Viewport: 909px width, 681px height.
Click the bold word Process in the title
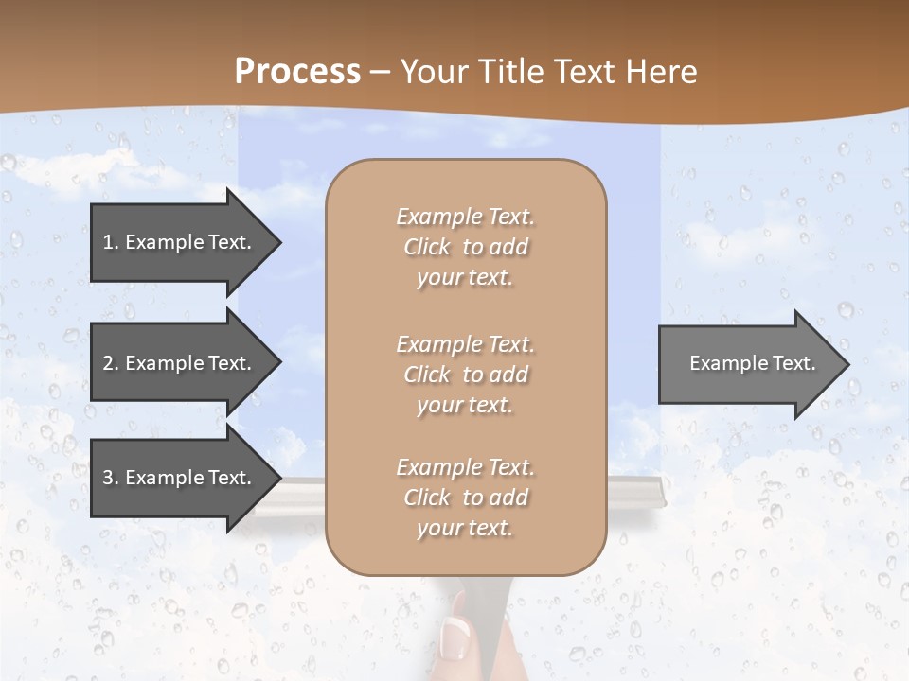pyautogui.click(x=297, y=72)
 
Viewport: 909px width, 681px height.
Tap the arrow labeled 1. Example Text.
pyautogui.click(x=180, y=242)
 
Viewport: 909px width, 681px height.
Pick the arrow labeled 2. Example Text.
pyautogui.click(x=180, y=363)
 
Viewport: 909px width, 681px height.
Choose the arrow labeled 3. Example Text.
pyautogui.click(x=180, y=478)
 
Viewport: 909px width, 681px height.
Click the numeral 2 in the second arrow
pyautogui.click(x=108, y=363)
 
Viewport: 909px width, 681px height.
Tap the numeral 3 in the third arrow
pyautogui.click(x=108, y=478)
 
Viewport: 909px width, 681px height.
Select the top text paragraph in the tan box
pyautogui.click(x=465, y=247)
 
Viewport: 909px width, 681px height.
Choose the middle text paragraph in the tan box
pyautogui.click(x=465, y=375)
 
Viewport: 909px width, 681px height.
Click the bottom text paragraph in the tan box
pyautogui.click(x=465, y=498)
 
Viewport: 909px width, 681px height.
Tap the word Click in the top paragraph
pyautogui.click(x=427, y=247)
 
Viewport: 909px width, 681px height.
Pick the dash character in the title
pyautogui.click(x=381, y=73)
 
